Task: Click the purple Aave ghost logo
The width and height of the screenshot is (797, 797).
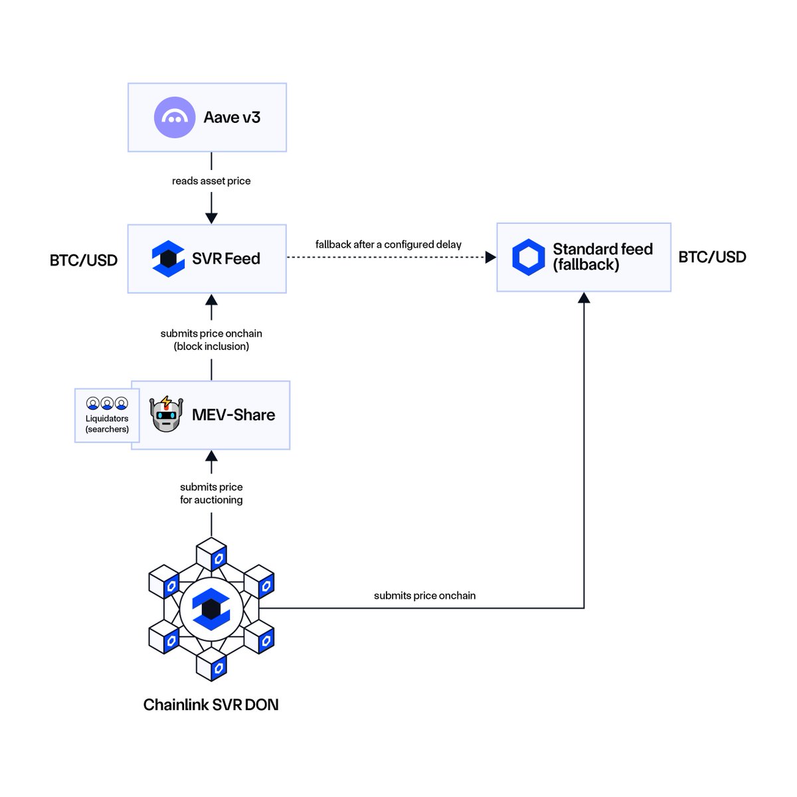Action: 175,118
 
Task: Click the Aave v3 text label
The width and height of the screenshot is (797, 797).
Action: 232,118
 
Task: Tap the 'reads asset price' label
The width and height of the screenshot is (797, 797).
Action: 211,181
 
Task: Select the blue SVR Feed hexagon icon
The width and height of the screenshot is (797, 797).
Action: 168,258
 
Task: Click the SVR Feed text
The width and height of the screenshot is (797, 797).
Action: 226,258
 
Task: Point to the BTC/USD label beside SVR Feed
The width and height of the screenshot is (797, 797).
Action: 84,260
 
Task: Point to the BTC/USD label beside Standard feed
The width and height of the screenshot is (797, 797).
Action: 712,257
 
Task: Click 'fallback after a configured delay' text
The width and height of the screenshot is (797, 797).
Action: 388,244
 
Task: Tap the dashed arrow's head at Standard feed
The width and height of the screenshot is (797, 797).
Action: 491,257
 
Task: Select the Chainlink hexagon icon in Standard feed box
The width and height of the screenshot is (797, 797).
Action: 529,257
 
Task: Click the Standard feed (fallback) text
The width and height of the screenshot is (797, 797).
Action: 602,257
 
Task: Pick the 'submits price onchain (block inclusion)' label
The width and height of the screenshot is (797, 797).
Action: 211,339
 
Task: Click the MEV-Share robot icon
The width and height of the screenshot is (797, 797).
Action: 166,414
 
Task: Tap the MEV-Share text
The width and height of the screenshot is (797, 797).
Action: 233,415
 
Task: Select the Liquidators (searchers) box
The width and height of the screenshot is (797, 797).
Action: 106,416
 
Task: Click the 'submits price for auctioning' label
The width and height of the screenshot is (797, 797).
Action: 211,493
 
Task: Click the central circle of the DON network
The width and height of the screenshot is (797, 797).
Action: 211,608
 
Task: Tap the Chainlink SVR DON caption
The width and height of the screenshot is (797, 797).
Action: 211,705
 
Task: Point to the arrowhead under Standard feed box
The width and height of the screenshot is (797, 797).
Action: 584,298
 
